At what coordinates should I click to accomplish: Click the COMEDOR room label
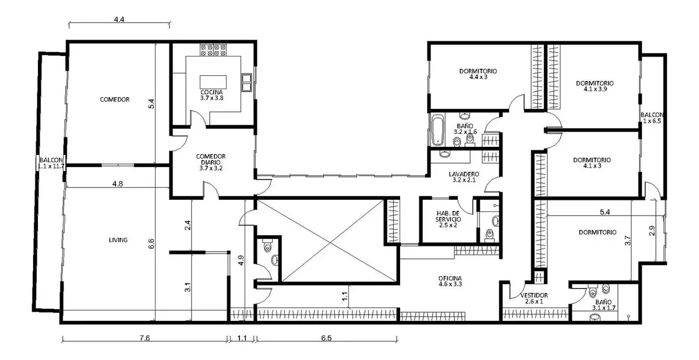[x=115, y=100]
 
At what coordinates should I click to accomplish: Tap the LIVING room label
[x=118, y=240]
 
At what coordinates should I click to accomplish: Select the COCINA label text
[x=211, y=93]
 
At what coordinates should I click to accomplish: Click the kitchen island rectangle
[x=213, y=82]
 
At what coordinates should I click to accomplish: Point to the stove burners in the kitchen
[x=213, y=50]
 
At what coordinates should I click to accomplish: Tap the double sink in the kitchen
[x=246, y=82]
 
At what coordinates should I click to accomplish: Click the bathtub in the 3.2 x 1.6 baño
[x=438, y=130]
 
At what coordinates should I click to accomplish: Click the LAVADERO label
[x=464, y=174]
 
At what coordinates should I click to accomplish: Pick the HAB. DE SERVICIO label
[x=448, y=216]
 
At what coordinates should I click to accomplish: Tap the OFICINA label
[x=450, y=278]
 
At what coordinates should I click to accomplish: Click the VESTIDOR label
[x=534, y=295]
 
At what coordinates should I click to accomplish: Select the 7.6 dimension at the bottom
[x=145, y=338]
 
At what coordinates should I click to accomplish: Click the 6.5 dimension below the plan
[x=326, y=338]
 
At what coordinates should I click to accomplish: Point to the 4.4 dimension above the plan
[x=119, y=19]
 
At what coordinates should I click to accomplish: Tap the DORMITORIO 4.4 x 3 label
[x=478, y=74]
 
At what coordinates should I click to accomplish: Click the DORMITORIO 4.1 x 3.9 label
[x=595, y=86]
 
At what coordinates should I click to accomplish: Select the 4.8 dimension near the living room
[x=118, y=183]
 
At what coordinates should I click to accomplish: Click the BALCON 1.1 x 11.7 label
[x=51, y=163]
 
